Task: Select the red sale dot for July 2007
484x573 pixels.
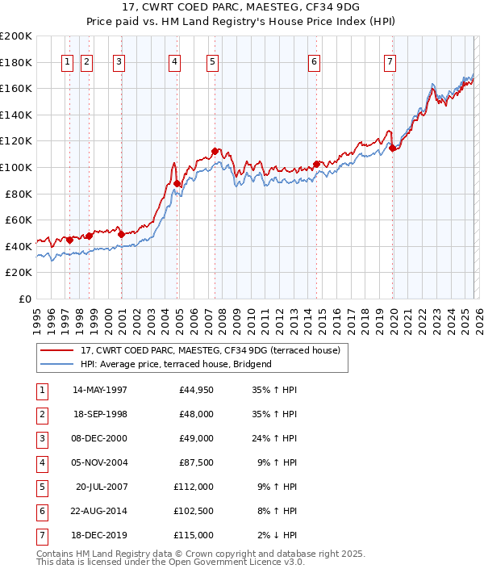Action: tap(215, 151)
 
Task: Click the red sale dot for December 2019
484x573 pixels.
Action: tap(392, 148)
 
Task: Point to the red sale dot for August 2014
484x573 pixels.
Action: tap(316, 164)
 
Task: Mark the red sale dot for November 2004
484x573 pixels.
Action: tap(177, 184)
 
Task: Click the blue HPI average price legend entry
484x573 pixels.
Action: tap(176, 364)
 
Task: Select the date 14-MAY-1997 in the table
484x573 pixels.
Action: tap(100, 390)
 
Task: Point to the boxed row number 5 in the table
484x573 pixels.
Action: tap(40, 487)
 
